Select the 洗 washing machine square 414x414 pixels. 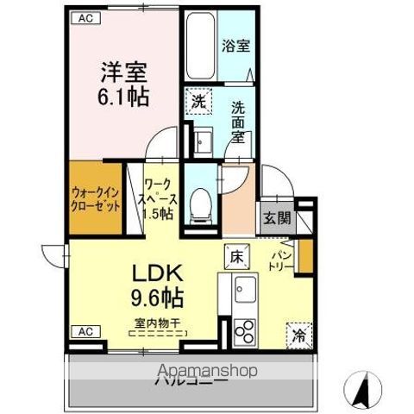point(199,100)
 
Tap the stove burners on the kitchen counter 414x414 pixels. point(243,332)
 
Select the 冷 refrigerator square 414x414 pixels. point(298,331)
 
